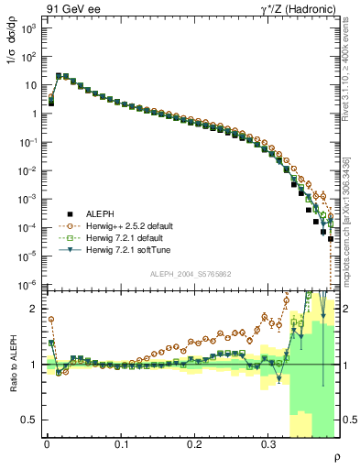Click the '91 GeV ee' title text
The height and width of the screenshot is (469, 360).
72,7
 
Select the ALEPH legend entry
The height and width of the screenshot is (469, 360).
102,212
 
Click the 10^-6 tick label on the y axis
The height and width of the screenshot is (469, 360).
27,285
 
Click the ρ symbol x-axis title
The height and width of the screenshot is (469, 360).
336,456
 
